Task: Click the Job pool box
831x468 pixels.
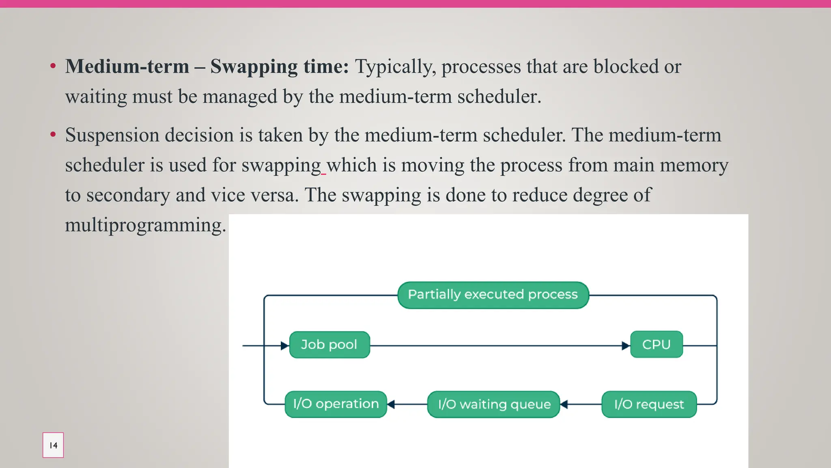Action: click(329, 345)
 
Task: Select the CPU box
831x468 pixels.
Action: click(656, 344)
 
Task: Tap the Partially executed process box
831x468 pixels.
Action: click(493, 295)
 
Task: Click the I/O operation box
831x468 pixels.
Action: click(336, 404)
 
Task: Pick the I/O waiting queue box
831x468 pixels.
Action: click(494, 405)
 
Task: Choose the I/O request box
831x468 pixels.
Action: click(649, 405)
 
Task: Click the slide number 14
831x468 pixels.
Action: click(53, 445)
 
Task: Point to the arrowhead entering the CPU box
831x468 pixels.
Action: click(626, 346)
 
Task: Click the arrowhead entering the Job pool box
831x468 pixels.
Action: click(284, 346)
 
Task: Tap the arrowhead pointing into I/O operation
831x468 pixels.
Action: click(391, 404)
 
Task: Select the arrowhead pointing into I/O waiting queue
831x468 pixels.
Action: click(564, 404)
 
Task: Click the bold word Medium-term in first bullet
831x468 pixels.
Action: click(127, 66)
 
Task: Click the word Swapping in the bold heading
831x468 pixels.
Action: click(254, 67)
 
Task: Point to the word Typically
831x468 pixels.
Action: click(395, 67)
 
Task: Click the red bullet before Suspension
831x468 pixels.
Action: click(53, 134)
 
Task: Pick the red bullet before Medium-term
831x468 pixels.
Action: click(53, 66)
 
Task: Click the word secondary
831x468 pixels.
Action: click(128, 195)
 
